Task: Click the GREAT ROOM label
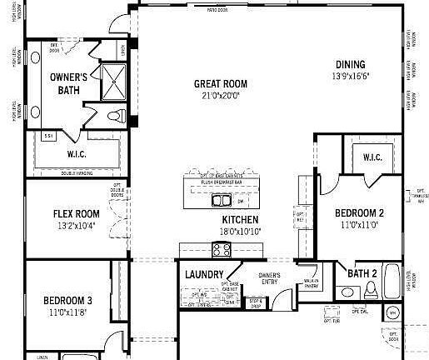click(x=221, y=83)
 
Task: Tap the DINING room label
click(x=350, y=65)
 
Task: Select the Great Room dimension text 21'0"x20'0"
click(x=221, y=95)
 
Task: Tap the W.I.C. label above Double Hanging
click(x=77, y=153)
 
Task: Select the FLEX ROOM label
click(x=77, y=212)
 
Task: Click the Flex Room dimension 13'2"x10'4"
click(x=77, y=225)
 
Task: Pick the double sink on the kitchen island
click(x=222, y=200)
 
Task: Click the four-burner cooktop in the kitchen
click(x=222, y=248)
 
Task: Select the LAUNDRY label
click(x=204, y=274)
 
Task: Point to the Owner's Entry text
click(x=268, y=278)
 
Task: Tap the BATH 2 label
click(x=362, y=273)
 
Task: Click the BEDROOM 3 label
click(x=68, y=301)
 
